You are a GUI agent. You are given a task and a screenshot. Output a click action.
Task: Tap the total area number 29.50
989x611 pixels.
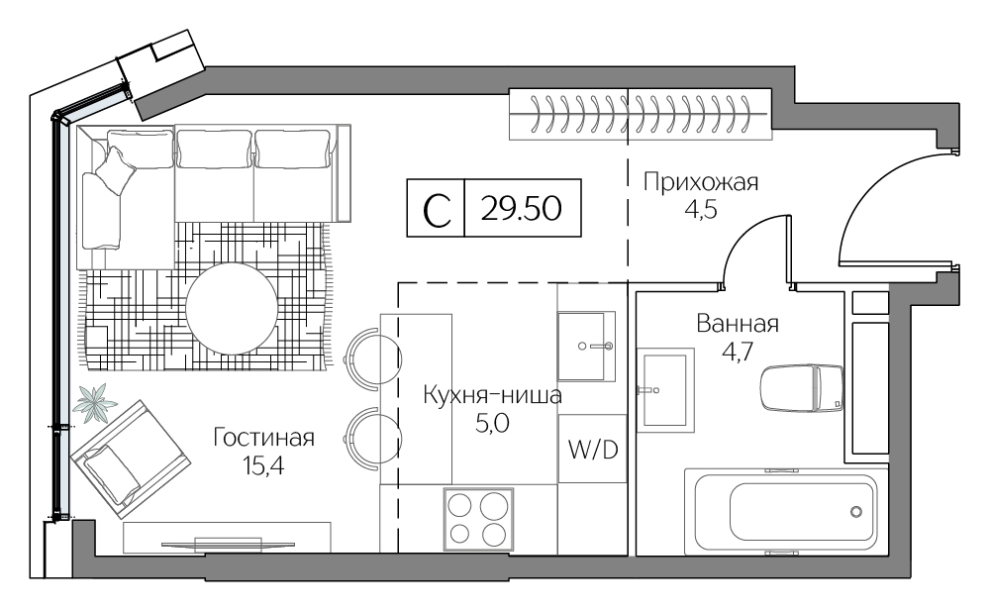[522, 208]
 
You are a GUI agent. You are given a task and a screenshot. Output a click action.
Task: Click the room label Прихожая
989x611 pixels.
[700, 181]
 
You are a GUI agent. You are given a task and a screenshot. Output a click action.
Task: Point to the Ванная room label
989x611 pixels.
[738, 324]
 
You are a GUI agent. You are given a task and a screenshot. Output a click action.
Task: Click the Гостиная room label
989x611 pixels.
[264, 439]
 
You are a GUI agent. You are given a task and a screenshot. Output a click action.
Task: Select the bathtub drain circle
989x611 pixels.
[855, 512]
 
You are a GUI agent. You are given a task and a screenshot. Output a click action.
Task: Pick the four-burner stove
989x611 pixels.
[478, 520]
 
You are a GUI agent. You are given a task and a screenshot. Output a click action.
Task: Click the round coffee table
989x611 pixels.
[233, 308]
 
